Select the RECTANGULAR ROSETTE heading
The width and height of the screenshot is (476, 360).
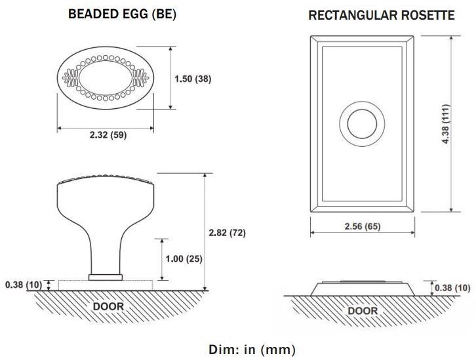pos(382,16)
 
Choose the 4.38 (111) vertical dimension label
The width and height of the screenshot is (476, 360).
pos(446,125)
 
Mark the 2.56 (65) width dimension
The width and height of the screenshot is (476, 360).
pos(362,226)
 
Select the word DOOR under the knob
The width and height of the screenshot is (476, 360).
pos(108,306)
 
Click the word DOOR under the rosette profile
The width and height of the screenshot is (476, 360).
pos(362,310)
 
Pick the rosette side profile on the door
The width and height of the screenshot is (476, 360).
pos(362,287)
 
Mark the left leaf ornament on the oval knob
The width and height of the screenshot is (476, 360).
pos(70,78)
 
